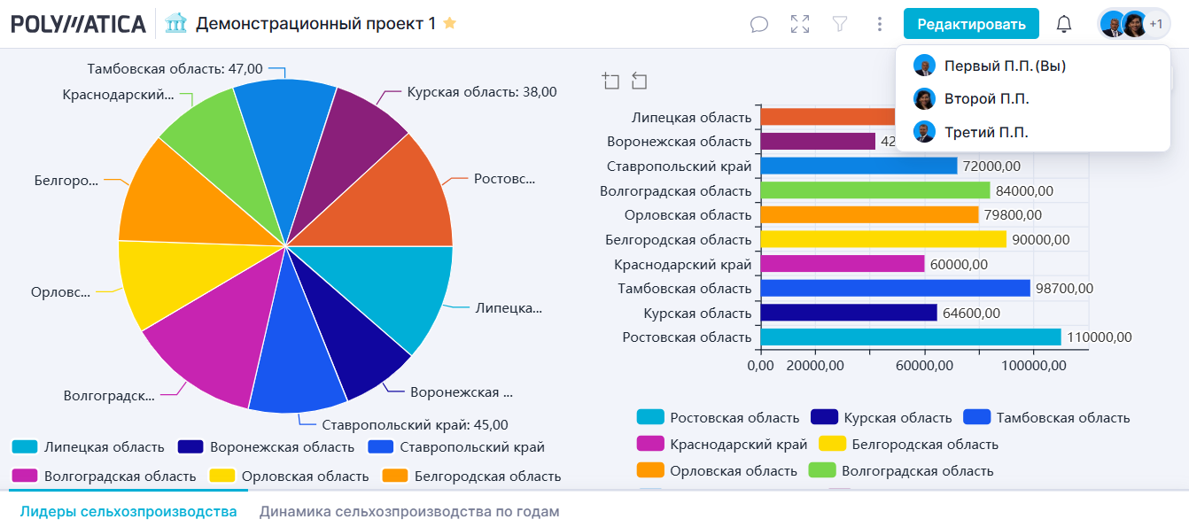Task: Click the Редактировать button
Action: point(971,24)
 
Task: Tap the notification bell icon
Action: point(1064,24)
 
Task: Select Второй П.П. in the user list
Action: point(986,98)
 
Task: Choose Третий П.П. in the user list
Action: point(986,132)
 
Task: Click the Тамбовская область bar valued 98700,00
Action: point(895,288)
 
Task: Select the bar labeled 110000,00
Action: point(910,337)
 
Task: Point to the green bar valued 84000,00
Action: point(874,190)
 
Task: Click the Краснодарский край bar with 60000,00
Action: point(842,264)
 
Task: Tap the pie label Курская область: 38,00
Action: point(481,91)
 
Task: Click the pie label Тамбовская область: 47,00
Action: point(175,68)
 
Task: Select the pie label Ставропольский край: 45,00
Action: point(415,425)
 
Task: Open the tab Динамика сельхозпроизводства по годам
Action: point(409,512)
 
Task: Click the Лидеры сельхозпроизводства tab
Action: point(128,512)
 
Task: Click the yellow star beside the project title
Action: point(450,23)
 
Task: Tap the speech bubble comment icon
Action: point(759,24)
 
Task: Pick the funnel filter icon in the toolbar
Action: point(840,24)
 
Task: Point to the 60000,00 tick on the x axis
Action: point(924,365)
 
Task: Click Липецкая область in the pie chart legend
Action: point(104,447)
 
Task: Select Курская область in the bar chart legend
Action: point(898,417)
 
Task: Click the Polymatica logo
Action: point(78,24)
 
